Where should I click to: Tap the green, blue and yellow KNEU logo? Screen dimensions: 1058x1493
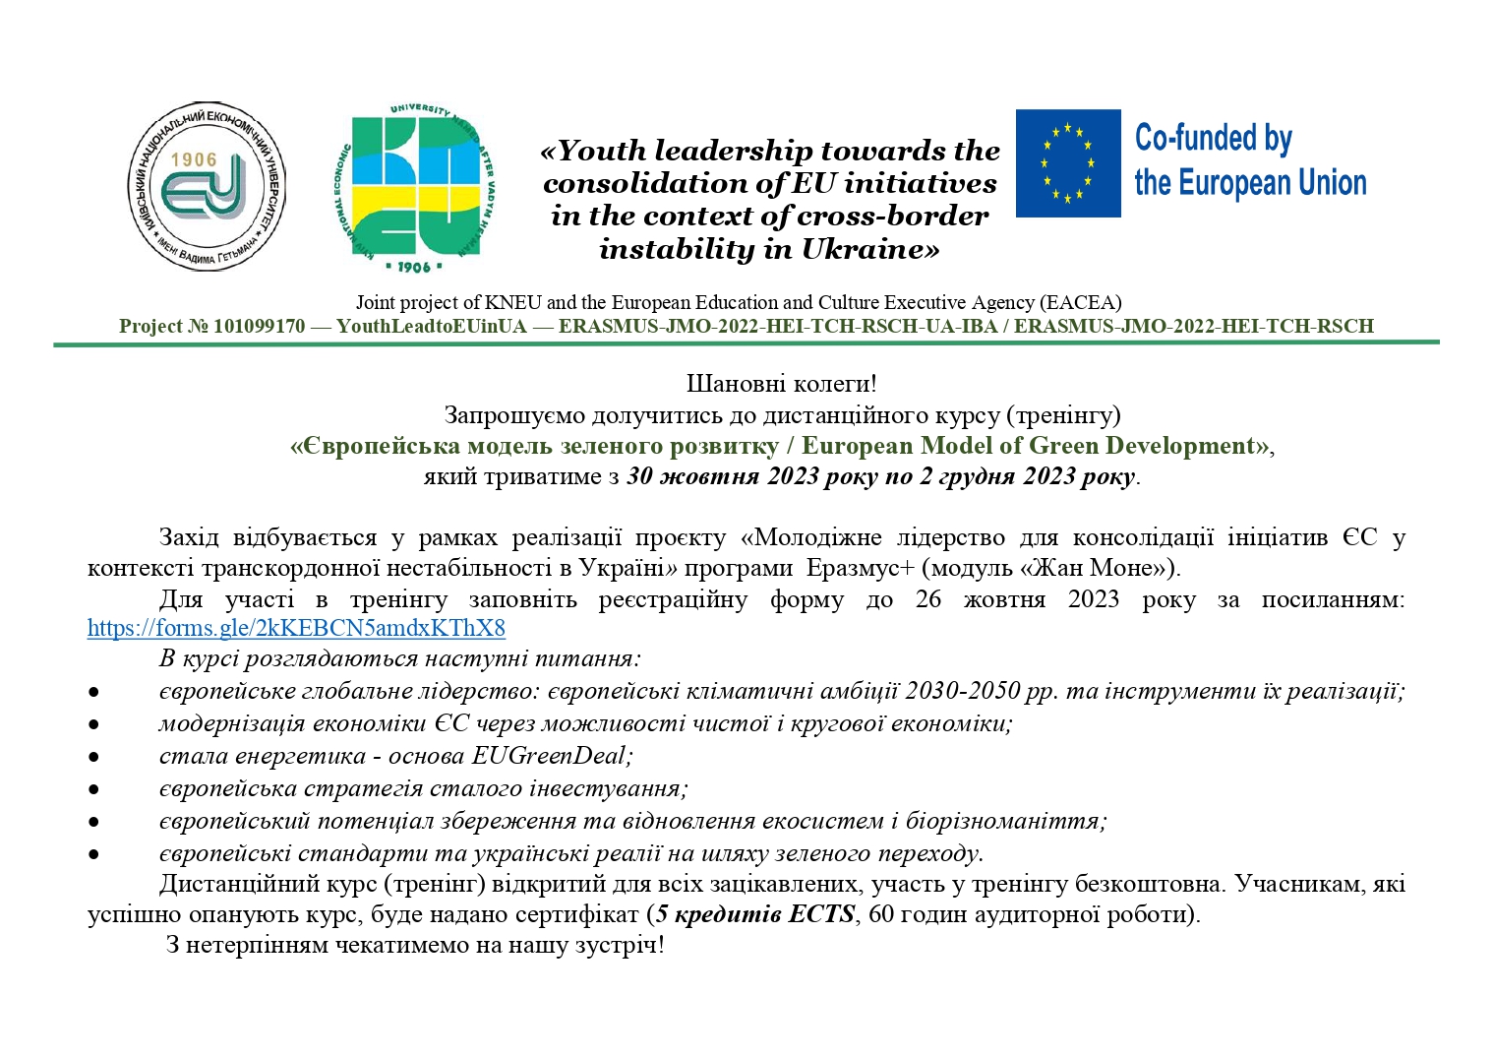414,187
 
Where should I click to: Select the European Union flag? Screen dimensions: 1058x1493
1068,163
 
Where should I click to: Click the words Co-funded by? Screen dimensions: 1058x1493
1213,139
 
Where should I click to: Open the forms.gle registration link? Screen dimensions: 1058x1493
296,628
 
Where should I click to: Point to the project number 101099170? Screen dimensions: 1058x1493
259,327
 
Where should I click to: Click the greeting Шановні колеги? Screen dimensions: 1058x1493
781,384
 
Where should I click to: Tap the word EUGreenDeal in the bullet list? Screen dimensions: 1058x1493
550,756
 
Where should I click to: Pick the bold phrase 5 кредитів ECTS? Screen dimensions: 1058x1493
755,914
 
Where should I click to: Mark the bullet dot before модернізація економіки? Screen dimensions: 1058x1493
93,724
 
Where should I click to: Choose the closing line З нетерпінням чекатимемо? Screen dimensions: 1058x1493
415,946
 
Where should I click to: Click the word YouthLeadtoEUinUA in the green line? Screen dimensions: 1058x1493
432,327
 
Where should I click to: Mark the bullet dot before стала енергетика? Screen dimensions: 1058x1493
93,757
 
